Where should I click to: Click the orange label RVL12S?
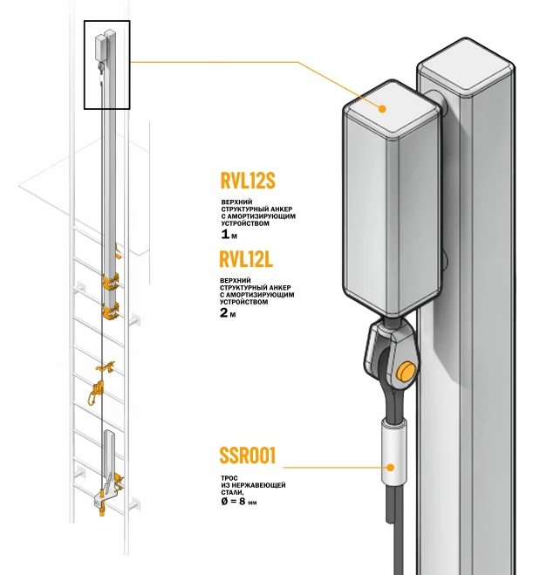tap(248, 181)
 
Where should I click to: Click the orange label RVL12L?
tap(248, 259)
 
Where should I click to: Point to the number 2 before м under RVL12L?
tap(225, 312)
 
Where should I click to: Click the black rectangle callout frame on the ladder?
tap(106, 65)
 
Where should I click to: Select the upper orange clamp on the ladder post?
tap(110, 284)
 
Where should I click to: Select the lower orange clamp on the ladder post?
tap(110, 311)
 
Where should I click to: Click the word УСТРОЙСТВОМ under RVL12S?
tap(246, 224)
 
